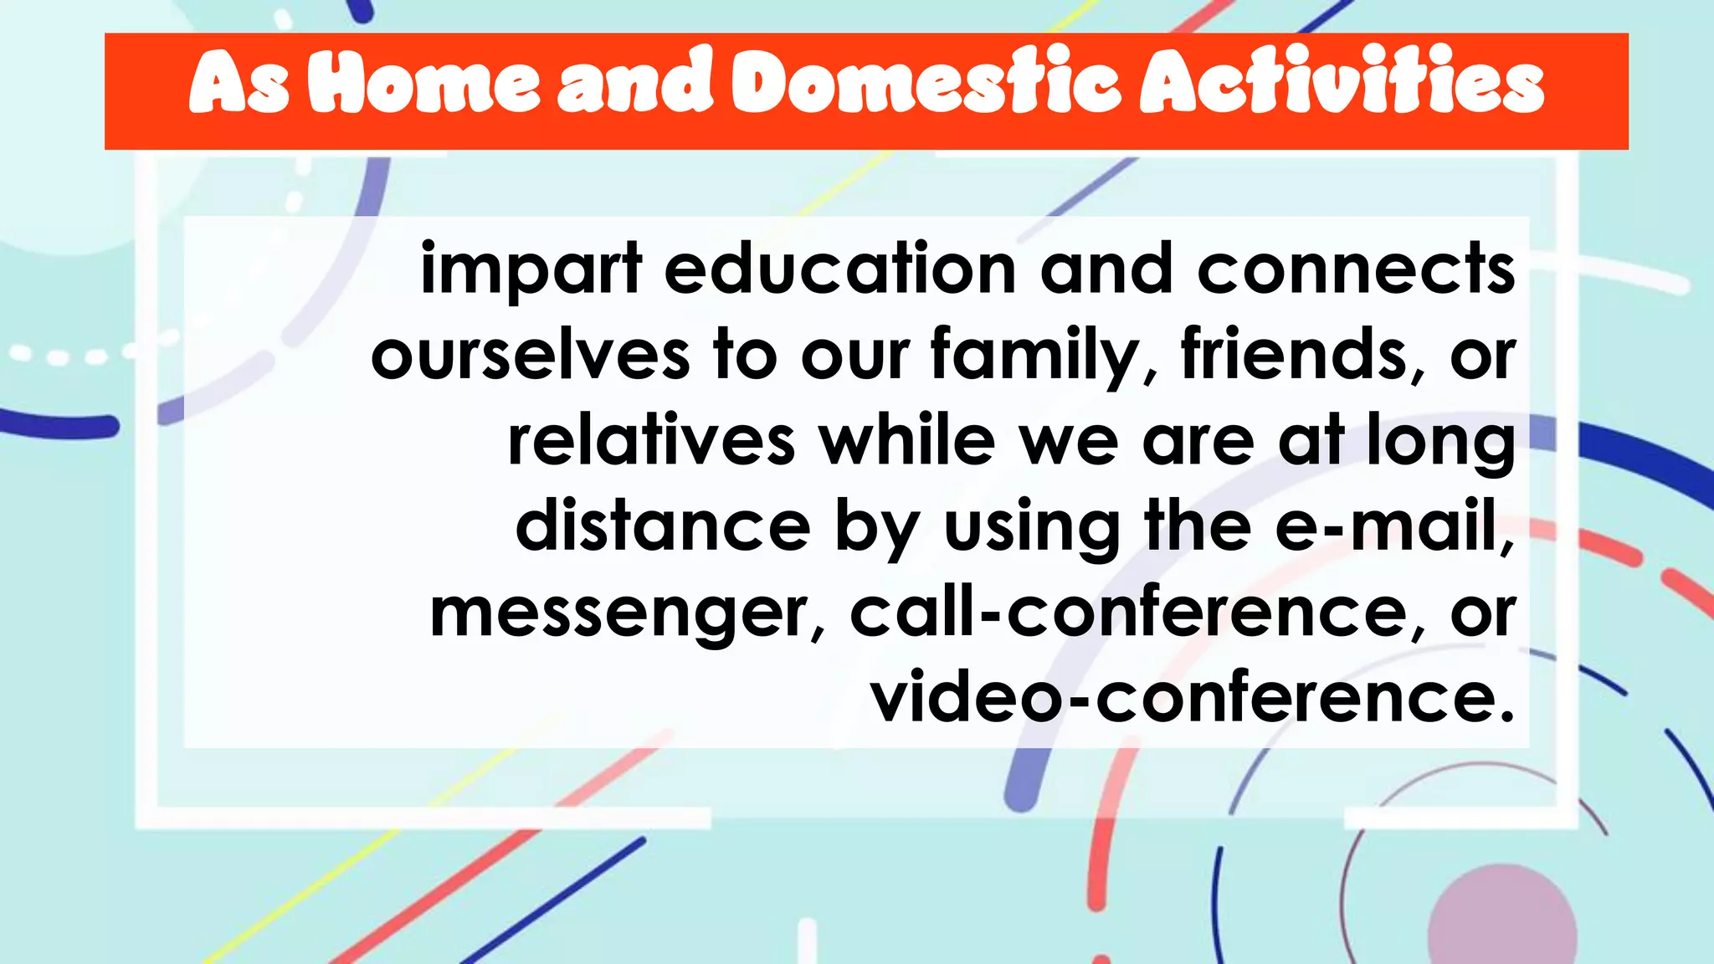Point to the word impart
(x=531, y=269)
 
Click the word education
(x=840, y=269)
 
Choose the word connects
(x=1356, y=269)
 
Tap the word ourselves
(x=531, y=356)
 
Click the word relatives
(x=651, y=442)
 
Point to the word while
(x=907, y=442)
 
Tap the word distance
(x=663, y=527)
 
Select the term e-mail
(x=1393, y=527)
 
